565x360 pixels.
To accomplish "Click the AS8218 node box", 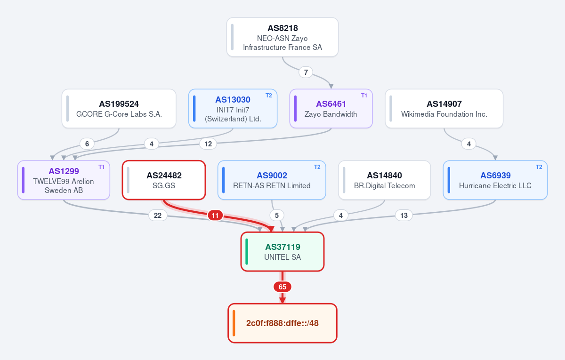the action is pyautogui.click(x=282, y=37).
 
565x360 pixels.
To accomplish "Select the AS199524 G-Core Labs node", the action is pyautogui.click(x=119, y=109).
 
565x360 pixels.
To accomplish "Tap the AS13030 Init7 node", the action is pyautogui.click(x=233, y=109).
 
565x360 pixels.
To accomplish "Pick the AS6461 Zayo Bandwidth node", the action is pyautogui.click(x=331, y=109).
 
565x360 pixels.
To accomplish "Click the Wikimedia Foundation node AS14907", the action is pyautogui.click(x=444, y=109).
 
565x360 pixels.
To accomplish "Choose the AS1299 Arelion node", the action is pyautogui.click(x=64, y=180).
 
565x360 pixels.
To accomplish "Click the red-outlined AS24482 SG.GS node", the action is pyautogui.click(x=164, y=180).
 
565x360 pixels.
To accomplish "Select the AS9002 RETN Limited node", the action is pyautogui.click(x=272, y=180).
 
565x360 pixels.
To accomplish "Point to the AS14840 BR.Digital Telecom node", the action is pyautogui.click(x=384, y=180).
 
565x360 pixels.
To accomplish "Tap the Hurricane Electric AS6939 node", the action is pyautogui.click(x=495, y=180).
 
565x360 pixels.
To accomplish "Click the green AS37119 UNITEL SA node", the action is pyautogui.click(x=282, y=252).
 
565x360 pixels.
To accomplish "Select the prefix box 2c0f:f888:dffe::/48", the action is pyautogui.click(x=282, y=323).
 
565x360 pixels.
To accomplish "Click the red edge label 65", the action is pyautogui.click(x=282, y=287).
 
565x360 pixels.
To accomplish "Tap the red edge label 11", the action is pyautogui.click(x=215, y=216).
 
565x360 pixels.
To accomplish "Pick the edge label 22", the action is pyautogui.click(x=158, y=216).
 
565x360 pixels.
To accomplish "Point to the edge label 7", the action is pyautogui.click(x=306, y=72).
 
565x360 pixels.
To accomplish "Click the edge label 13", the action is pyautogui.click(x=404, y=216).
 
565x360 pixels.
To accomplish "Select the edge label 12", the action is pyautogui.click(x=208, y=144).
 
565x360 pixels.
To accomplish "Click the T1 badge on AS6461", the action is pyautogui.click(x=364, y=96).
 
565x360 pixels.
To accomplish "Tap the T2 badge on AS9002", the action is pyautogui.click(x=317, y=167).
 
